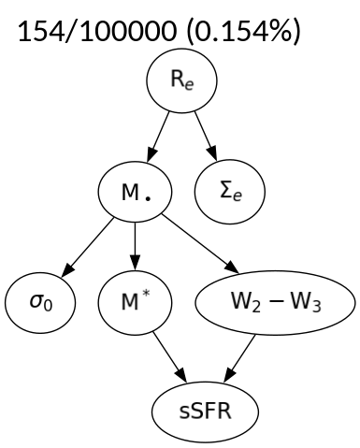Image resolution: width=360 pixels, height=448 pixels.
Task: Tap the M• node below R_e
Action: coord(137,195)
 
